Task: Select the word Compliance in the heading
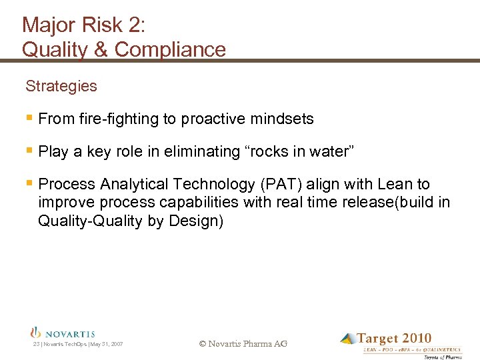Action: [170, 49]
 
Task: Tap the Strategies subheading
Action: [61, 86]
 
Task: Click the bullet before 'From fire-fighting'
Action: [29, 119]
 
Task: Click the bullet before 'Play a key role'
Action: [29, 151]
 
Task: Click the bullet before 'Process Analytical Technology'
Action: [29, 183]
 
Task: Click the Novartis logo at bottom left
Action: [63, 333]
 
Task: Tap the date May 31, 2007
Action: [107, 344]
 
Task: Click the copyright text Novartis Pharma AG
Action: [243, 344]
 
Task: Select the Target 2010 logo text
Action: [394, 339]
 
